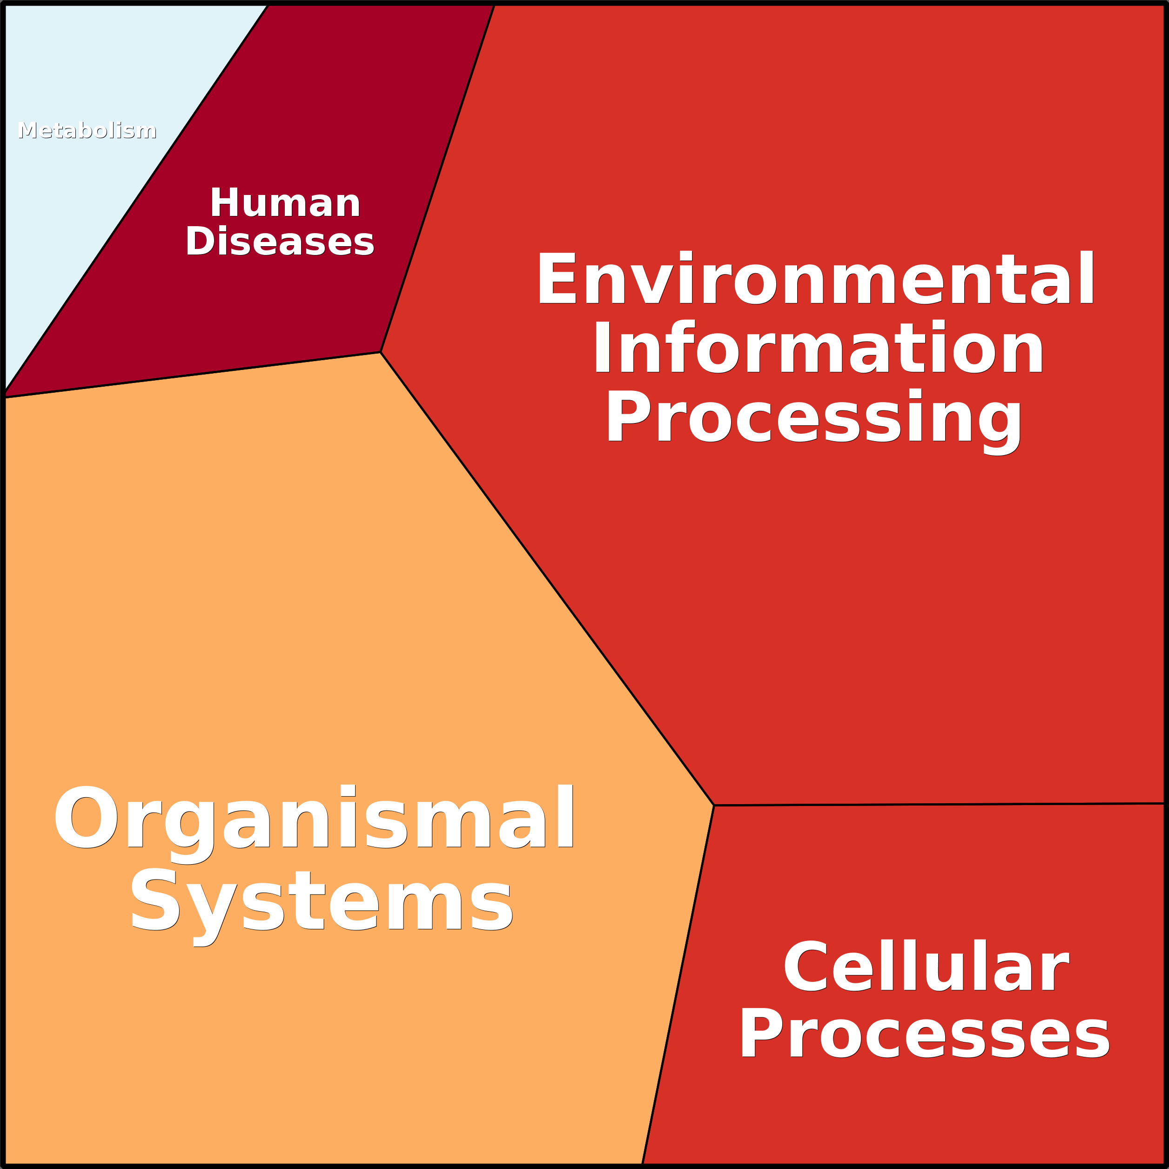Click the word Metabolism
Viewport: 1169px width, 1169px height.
87,131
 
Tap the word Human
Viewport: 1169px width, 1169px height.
285,203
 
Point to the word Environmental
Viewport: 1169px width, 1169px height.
815,279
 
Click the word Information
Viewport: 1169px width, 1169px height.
818,349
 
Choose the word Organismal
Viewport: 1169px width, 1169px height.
315,819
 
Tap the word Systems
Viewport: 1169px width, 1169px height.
321,901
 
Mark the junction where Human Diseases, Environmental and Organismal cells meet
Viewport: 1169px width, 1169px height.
380,352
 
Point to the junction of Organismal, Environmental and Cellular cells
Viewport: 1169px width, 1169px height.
714,806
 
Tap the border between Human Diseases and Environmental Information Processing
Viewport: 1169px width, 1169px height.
437,179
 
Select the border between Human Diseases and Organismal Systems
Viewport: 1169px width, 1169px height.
192,375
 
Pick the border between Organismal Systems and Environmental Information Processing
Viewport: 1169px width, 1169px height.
547,579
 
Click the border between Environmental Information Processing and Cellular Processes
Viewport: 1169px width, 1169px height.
939,804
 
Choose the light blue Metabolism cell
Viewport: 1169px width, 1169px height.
73,200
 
